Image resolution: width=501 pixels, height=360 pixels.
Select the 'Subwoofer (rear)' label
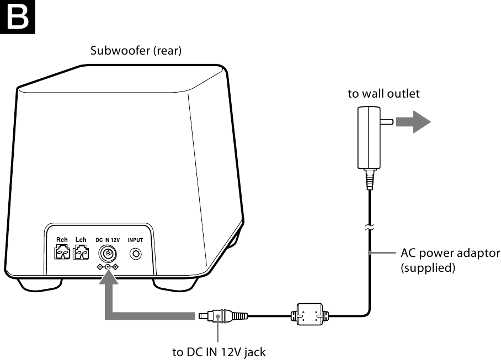coord(136,51)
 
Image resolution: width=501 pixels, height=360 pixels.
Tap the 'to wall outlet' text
coord(383,94)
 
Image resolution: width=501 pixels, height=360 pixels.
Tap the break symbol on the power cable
coord(369,226)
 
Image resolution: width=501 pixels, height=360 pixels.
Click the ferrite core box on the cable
coord(309,315)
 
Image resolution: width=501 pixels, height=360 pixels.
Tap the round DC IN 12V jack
coord(107,255)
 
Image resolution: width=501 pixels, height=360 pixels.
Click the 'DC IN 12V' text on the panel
coord(107,240)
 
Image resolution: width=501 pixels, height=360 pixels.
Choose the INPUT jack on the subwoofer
coord(135,255)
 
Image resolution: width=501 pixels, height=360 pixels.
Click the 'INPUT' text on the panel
coord(135,240)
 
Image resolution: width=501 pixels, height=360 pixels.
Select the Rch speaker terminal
coord(62,253)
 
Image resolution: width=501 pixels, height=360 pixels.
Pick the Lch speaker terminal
coord(81,253)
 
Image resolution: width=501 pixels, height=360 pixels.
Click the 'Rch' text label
coord(62,240)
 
